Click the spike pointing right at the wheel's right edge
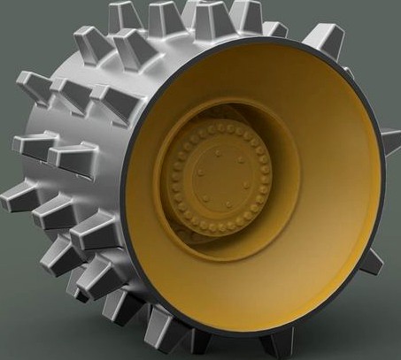click(x=390, y=138)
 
